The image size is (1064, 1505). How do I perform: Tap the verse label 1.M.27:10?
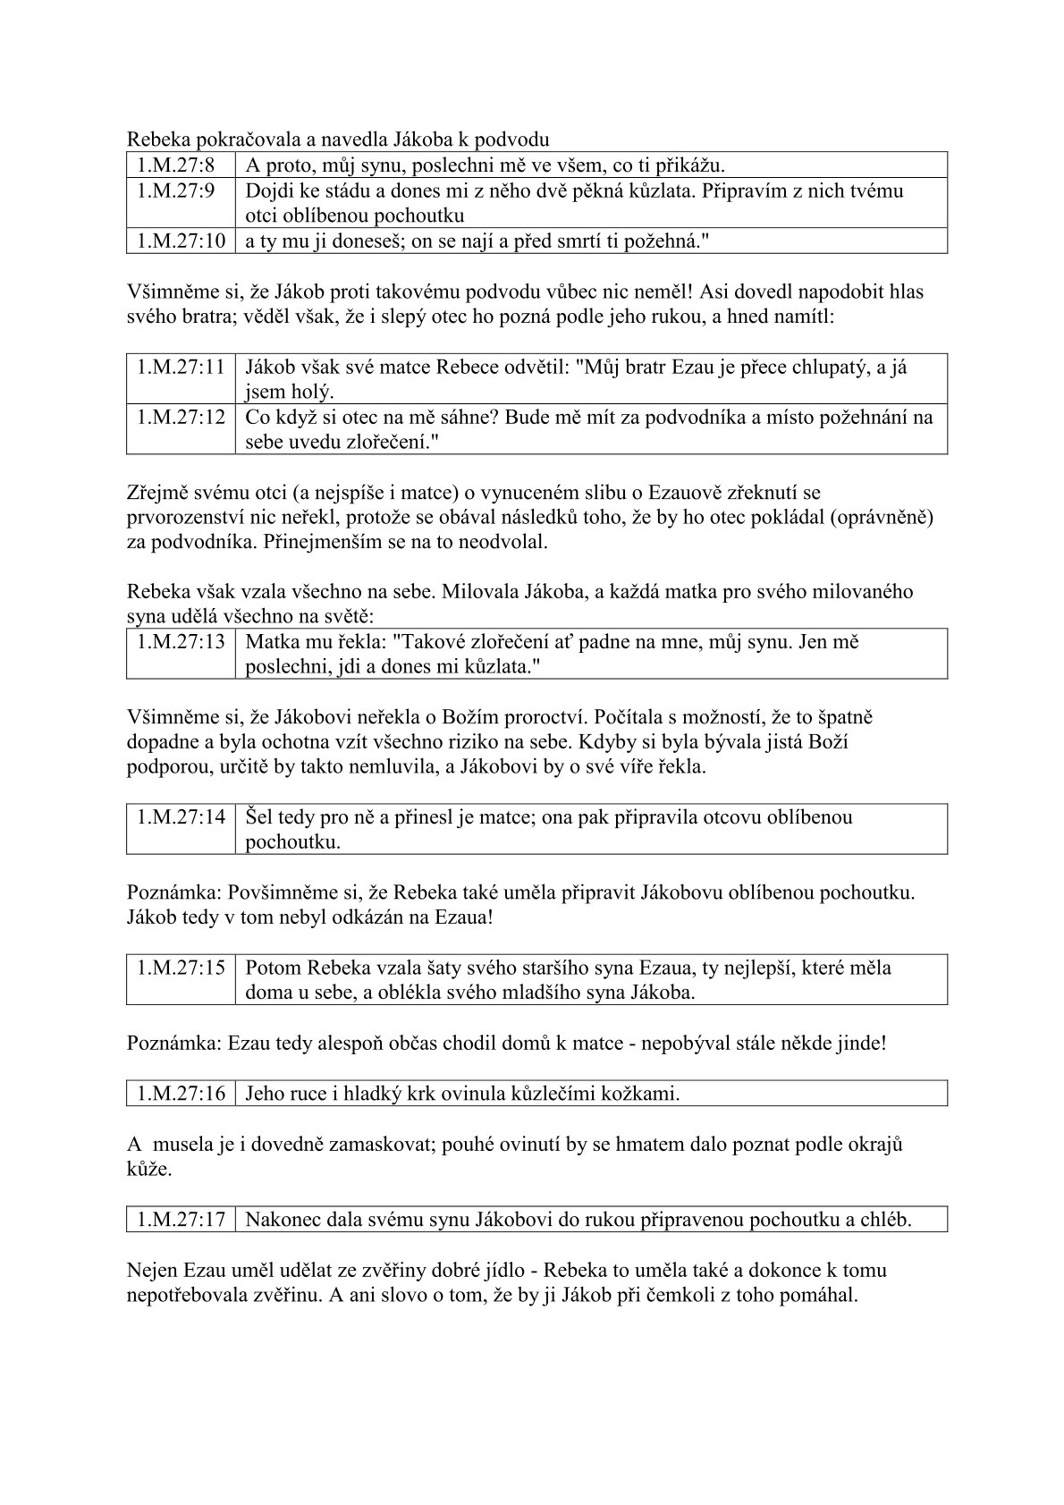(x=181, y=241)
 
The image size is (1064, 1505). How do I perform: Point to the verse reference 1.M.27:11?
(x=181, y=367)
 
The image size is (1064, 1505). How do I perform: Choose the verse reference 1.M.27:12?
(x=181, y=417)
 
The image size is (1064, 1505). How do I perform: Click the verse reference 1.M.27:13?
(x=181, y=641)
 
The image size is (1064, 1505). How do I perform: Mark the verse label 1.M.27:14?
(x=181, y=816)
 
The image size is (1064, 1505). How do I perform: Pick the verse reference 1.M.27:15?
(x=181, y=968)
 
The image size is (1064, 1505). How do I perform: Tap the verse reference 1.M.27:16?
(x=181, y=1093)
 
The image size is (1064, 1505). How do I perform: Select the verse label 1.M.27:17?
(x=181, y=1219)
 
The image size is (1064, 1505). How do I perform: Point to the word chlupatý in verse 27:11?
(x=823, y=367)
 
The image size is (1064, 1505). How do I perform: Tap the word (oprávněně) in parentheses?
(x=881, y=517)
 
